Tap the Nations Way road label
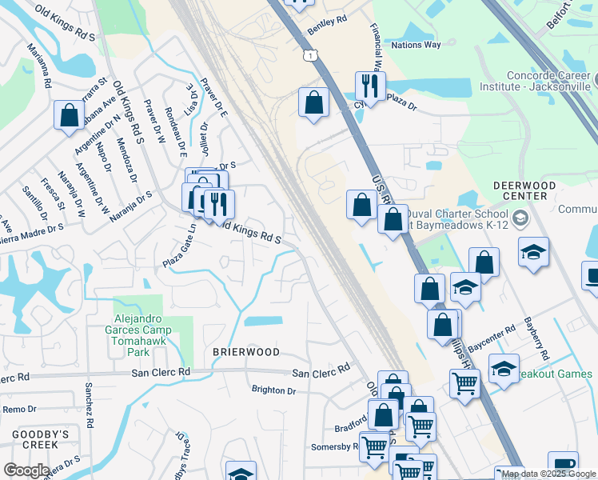[x=417, y=45]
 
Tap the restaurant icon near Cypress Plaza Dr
[x=369, y=85]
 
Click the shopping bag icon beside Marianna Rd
[x=70, y=115]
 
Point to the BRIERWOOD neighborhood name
[x=246, y=352]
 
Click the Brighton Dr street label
[x=273, y=390]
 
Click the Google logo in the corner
[x=26, y=470]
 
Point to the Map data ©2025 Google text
[x=548, y=474]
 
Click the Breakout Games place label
[x=553, y=374]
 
